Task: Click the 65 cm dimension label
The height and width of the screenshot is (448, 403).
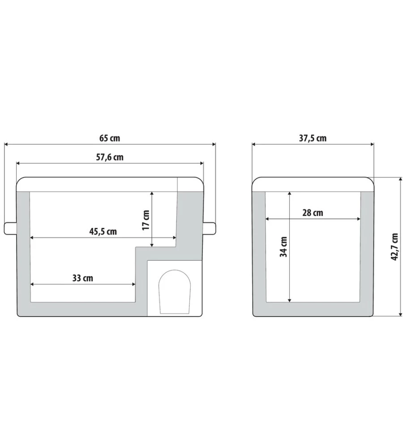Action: [x=110, y=138]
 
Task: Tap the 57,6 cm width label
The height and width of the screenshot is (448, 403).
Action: [x=110, y=157]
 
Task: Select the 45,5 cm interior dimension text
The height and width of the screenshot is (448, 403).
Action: [x=103, y=232]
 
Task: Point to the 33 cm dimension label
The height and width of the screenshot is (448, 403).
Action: [x=82, y=278]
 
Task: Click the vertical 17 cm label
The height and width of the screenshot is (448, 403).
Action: [x=146, y=220]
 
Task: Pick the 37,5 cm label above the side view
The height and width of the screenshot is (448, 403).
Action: [x=313, y=138]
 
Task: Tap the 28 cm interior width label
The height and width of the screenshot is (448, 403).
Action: [x=313, y=213]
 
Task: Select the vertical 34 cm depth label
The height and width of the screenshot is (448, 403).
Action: [x=283, y=247]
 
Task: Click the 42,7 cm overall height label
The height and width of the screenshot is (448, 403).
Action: [x=394, y=247]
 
